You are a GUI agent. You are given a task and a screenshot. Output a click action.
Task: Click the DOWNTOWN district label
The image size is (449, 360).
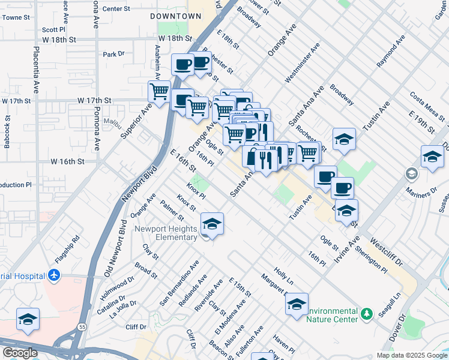point(175,16)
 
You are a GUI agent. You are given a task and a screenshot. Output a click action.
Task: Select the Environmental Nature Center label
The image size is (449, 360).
point(332,316)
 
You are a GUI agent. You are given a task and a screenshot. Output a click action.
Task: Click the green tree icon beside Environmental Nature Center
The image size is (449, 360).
point(366,314)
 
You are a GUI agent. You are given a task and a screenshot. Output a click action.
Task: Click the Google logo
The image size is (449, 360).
point(20,353)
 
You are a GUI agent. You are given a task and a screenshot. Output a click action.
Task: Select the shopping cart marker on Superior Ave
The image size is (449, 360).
point(159,92)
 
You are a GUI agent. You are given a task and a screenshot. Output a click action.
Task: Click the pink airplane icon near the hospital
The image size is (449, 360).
point(55,275)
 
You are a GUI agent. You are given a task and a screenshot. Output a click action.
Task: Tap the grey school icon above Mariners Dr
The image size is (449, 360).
point(412,175)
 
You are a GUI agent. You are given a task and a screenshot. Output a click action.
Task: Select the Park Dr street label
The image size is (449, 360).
point(113,54)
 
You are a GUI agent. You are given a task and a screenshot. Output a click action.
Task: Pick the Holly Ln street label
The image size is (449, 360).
point(283,277)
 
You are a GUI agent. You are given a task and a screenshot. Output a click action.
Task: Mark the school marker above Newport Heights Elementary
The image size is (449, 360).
point(212,224)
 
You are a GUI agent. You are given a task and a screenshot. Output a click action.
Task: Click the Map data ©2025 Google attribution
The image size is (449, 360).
point(411,355)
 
